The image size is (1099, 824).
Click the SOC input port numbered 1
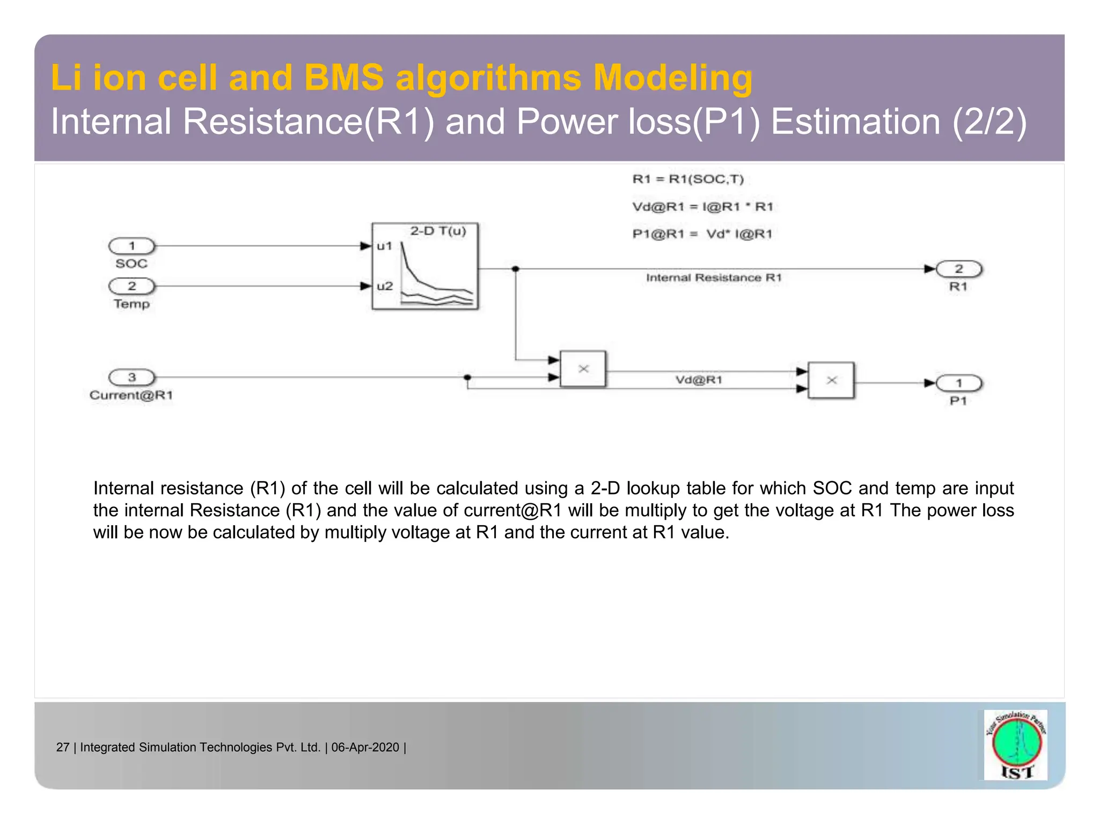(131, 246)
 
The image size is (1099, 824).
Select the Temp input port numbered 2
(131, 286)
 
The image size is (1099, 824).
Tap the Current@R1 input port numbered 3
(131, 377)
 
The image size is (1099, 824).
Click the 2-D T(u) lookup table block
(425, 267)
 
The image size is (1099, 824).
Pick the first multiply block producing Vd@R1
(583, 369)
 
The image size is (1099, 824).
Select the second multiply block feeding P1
(831, 380)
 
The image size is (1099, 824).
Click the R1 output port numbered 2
(958, 269)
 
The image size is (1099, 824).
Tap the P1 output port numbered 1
(958, 383)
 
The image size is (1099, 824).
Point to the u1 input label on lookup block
(385, 246)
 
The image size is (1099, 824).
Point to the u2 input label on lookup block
(385, 286)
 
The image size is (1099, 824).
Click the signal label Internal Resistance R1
(714, 278)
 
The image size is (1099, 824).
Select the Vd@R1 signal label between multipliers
(699, 380)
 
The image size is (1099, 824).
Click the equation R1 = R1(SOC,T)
(688, 179)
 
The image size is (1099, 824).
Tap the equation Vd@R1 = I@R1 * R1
(702, 207)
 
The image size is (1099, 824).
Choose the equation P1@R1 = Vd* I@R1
(702, 234)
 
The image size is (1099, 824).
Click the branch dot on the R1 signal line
(516, 269)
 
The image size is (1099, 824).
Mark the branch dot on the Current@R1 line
(467, 378)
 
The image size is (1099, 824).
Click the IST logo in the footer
(1016, 745)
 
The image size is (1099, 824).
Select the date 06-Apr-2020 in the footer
(365, 747)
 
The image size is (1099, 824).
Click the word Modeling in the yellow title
(672, 78)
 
